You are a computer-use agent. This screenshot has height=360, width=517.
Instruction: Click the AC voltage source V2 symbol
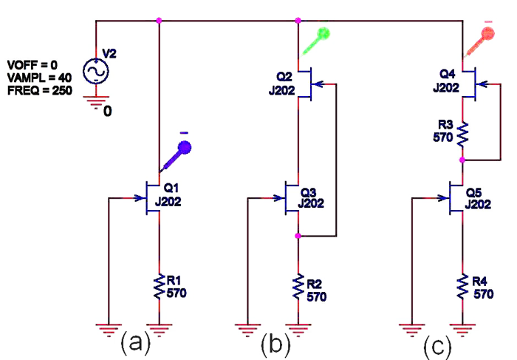pyautogui.click(x=96, y=71)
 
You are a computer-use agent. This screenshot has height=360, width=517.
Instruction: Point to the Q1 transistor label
pyautogui.click(x=171, y=189)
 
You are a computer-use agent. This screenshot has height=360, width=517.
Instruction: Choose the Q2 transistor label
pyautogui.click(x=284, y=76)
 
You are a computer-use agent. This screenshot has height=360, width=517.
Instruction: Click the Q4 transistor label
pyautogui.click(x=448, y=75)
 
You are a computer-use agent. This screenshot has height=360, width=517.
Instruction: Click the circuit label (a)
pyautogui.click(x=135, y=342)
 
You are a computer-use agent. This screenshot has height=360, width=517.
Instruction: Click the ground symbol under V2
pyautogui.click(x=96, y=102)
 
